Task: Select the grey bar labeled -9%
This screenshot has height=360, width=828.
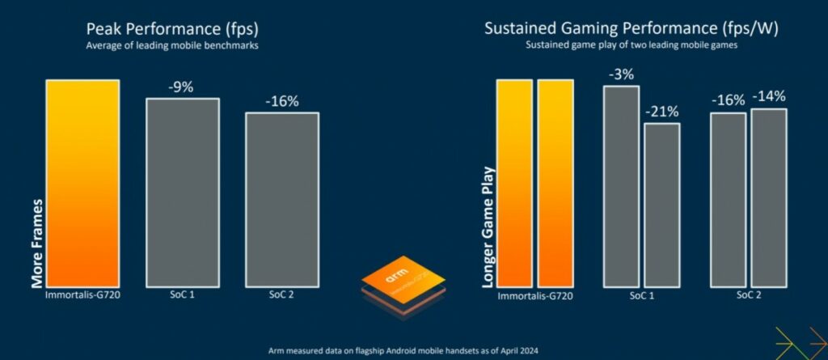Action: pos(182,193)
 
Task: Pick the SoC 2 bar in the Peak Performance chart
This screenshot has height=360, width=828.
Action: pos(281,199)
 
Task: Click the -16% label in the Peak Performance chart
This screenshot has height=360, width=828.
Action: pos(281,102)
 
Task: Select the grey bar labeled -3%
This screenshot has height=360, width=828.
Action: pos(621,186)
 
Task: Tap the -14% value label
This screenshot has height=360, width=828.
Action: pos(768,97)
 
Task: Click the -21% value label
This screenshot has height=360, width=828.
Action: pos(661,112)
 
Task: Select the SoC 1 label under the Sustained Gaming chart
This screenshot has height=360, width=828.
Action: pos(640,296)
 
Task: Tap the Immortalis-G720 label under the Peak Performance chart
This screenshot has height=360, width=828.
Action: pos(82,296)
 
